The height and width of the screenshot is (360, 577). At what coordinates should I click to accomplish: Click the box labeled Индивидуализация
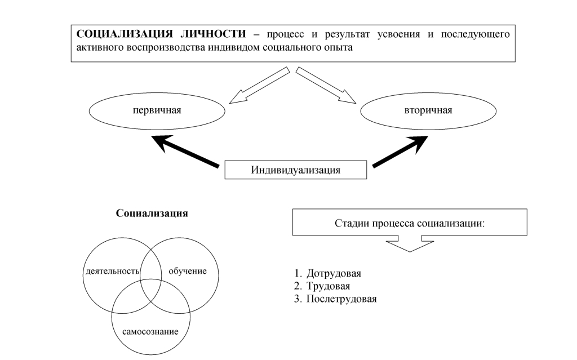pyautogui.click(x=296, y=170)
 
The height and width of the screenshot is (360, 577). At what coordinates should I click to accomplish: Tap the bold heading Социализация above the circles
pyautogui.click(x=152, y=214)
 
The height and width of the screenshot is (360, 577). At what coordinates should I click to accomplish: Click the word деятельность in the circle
pyautogui.click(x=112, y=271)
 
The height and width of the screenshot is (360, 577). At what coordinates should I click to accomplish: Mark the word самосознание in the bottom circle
pyautogui.click(x=150, y=331)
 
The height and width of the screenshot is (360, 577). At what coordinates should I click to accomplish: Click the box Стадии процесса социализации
pyautogui.click(x=410, y=222)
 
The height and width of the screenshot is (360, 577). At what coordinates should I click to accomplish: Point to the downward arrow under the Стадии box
pyautogui.click(x=410, y=243)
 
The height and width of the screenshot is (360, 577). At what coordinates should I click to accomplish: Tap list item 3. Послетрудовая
pyautogui.click(x=336, y=299)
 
